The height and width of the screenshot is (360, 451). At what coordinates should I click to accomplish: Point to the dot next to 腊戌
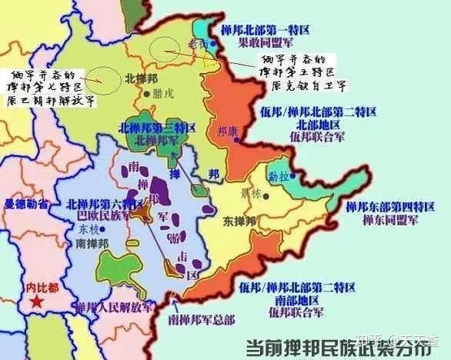click(x=146, y=95)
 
